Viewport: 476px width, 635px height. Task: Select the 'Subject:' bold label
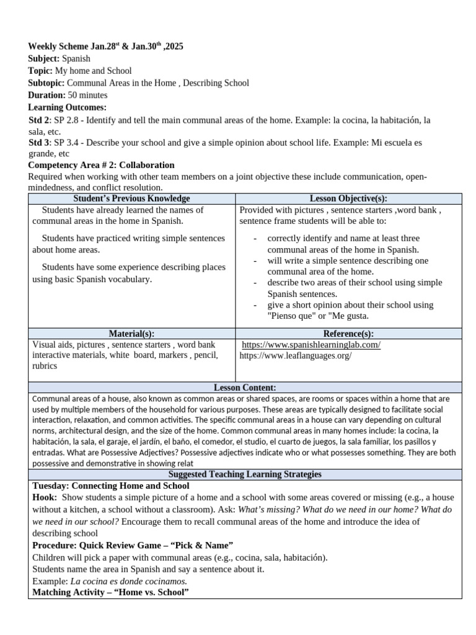[44, 59]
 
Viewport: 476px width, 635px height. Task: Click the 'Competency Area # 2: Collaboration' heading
[102, 166]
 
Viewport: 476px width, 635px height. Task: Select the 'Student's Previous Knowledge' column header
[131, 199]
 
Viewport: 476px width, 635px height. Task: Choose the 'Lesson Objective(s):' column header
[348, 199]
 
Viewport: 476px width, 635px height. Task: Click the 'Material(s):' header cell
[131, 334]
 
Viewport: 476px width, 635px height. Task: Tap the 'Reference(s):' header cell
[348, 334]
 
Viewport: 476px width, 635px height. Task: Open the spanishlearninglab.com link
[311, 345]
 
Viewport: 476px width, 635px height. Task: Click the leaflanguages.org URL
[296, 356]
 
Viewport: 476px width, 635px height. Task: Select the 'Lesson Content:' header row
[245, 388]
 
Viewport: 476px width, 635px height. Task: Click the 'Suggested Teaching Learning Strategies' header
[245, 474]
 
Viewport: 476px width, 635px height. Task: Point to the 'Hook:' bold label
[45, 497]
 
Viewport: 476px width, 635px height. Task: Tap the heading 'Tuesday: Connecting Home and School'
[110, 486]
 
